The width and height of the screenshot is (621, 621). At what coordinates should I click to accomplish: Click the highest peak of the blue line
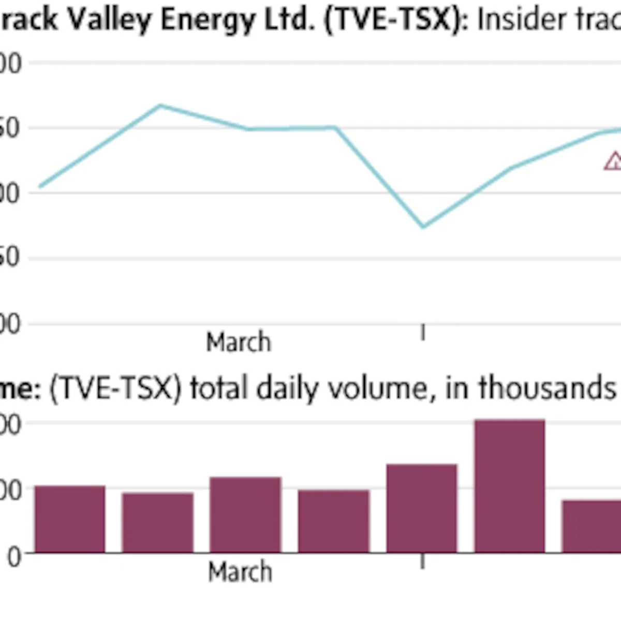coord(160,106)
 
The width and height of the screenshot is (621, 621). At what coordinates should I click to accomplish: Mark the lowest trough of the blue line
coord(423,226)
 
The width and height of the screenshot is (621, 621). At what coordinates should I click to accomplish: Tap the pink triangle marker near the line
coord(614,161)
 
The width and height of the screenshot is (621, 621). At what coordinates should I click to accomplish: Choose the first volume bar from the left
coord(70,519)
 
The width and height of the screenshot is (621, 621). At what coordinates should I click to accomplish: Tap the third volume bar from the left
coord(245,514)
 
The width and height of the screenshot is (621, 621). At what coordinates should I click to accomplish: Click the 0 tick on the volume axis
coord(14,558)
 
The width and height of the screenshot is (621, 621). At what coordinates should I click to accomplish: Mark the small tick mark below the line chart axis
coord(423,332)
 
